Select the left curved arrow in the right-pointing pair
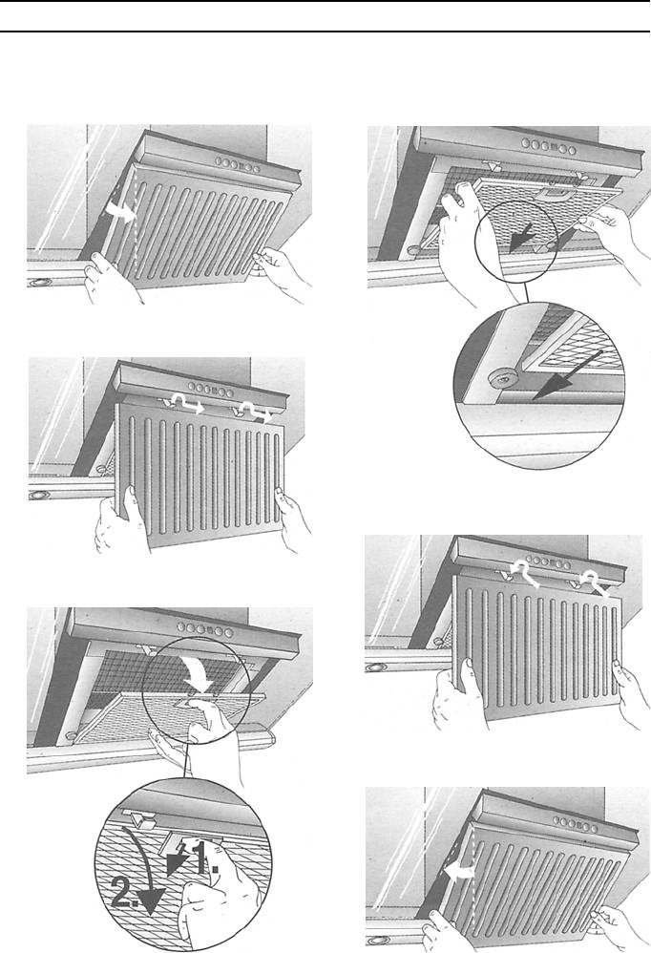click(x=181, y=402)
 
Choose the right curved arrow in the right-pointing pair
click(x=253, y=411)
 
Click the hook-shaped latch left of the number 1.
click(x=143, y=819)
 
